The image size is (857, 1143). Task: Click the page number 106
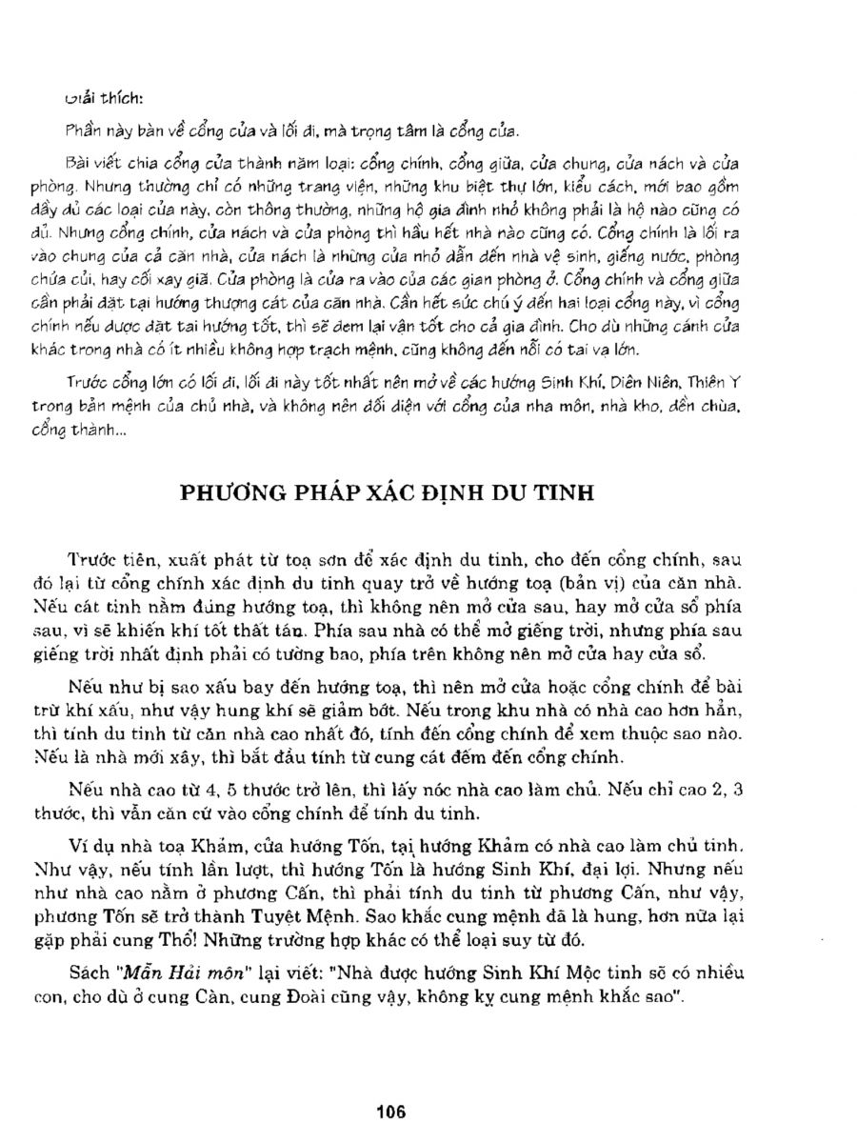click(391, 1111)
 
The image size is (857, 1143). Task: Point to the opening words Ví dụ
click(89, 845)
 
